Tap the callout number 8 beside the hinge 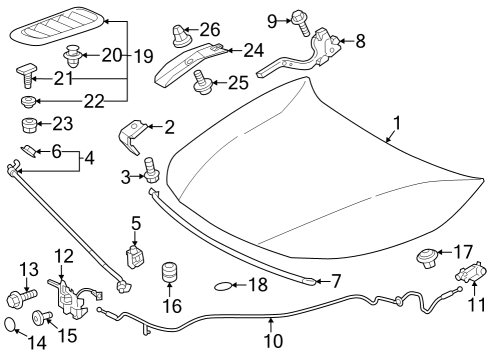coord(360,41)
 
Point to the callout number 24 coord(253,48)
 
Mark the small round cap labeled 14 coord(11,323)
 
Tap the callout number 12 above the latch coord(63,257)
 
